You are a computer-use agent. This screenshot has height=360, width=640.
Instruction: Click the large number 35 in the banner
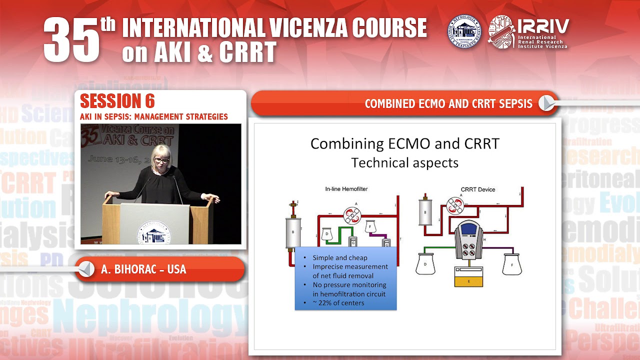pos(72,40)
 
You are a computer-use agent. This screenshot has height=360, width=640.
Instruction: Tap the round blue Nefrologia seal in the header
pos(464,31)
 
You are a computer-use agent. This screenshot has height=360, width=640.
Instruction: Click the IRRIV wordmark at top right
pos(542,26)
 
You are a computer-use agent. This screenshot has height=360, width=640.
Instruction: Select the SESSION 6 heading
pos(117,101)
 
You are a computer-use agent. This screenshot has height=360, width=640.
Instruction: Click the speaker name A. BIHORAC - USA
pos(143,269)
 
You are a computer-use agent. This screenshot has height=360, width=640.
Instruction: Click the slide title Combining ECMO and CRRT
pos(404,143)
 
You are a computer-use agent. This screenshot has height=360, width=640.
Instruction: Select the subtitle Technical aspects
pos(404,162)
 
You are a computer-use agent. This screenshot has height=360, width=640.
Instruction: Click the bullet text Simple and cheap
pos(340,257)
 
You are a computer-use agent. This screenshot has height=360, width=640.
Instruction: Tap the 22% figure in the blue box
pos(322,303)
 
